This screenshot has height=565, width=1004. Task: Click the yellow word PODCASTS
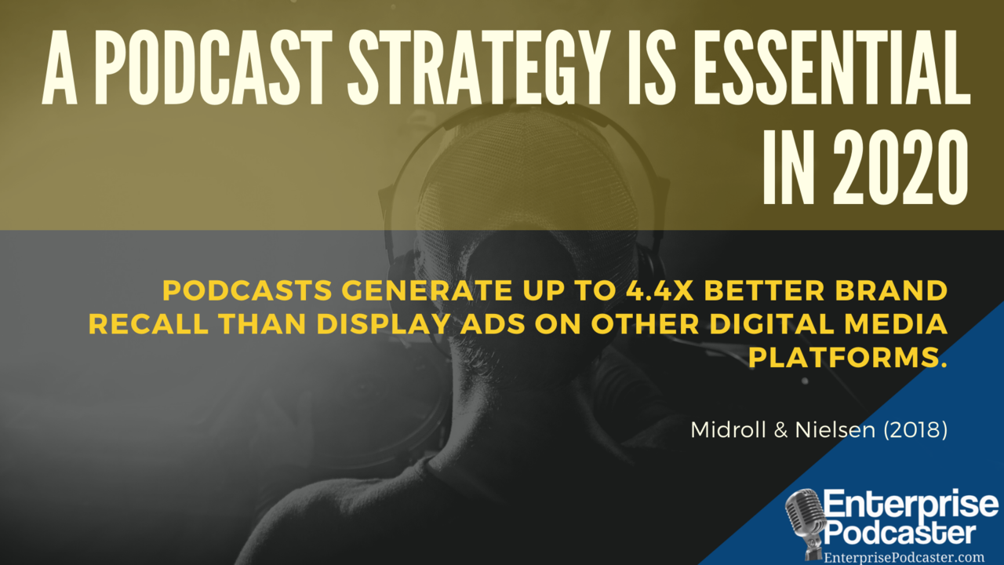click(x=247, y=290)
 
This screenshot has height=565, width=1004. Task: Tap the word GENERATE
click(x=427, y=290)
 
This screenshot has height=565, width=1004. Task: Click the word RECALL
click(x=148, y=324)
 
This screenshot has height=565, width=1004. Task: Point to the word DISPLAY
click(x=383, y=324)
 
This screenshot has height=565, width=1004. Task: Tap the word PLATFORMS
click(x=848, y=358)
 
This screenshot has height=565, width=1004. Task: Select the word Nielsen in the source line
click(x=835, y=430)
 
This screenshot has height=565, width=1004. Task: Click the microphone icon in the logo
click(x=806, y=523)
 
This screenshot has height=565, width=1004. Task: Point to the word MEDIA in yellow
click(x=896, y=324)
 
